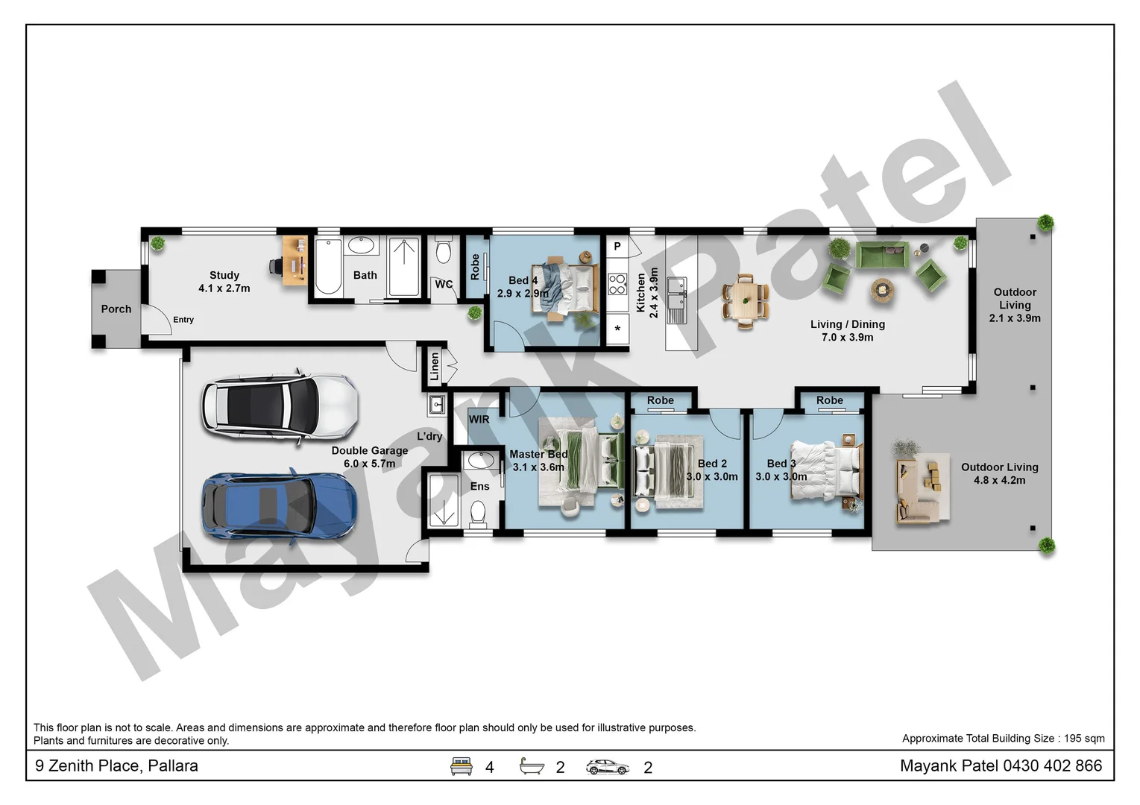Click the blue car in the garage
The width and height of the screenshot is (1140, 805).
[x=279, y=505]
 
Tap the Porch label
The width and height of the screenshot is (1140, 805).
[x=116, y=309]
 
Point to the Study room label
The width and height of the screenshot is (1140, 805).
[x=224, y=275]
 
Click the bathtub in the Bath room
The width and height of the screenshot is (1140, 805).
[x=328, y=266]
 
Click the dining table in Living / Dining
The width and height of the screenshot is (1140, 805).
[x=745, y=301]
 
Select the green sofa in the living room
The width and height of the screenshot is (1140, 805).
[x=881, y=256]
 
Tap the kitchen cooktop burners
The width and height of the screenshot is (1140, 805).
[x=617, y=284]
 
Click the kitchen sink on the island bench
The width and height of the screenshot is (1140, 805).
[x=676, y=292]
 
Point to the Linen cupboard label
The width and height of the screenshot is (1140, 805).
[x=435, y=367]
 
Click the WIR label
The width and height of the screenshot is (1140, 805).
[x=479, y=420]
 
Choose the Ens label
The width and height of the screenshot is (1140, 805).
[x=480, y=487]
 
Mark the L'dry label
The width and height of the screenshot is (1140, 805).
[x=429, y=437]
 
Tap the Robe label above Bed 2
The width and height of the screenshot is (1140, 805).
[x=661, y=401]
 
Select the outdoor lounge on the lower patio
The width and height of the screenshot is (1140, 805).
[x=922, y=488]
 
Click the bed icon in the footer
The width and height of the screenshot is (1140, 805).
[x=462, y=766]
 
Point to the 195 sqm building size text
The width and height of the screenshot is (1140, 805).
[x=1084, y=739]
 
